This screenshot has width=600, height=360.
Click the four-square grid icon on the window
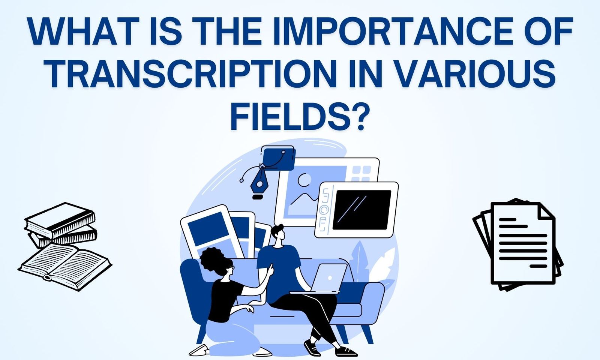click(361, 173)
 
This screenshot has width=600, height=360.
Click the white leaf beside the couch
click(382, 262)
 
